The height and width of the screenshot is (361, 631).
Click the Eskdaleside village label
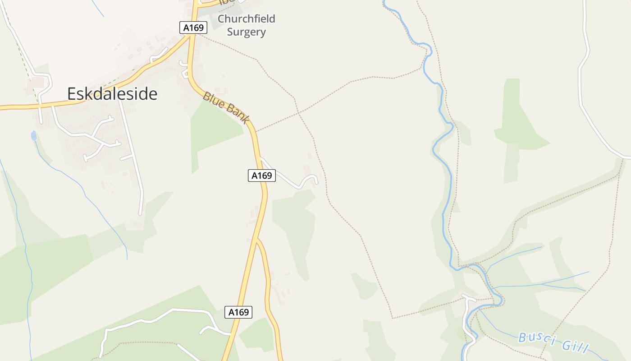click(x=112, y=94)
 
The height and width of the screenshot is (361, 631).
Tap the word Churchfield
click(x=246, y=19)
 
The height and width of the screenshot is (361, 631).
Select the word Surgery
click(x=246, y=32)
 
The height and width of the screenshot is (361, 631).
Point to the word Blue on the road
click(x=213, y=101)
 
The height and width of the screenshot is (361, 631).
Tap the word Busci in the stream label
click(x=535, y=338)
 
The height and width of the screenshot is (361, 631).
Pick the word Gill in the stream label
click(x=575, y=347)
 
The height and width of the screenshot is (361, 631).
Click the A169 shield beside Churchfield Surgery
click(x=193, y=28)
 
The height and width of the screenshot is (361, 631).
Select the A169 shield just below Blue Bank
click(x=261, y=176)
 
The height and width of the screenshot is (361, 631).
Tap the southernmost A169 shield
click(x=238, y=312)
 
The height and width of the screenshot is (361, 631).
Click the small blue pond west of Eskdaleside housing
click(x=33, y=135)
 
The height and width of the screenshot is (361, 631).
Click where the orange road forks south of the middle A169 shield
click(x=257, y=239)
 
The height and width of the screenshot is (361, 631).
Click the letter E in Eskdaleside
click(x=72, y=94)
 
